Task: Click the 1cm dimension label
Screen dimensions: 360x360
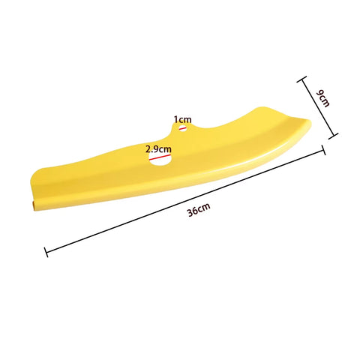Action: point(183,120)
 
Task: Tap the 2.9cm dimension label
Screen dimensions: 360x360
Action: point(158,149)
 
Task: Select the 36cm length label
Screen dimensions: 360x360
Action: point(199,210)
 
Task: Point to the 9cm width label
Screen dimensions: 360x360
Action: point(323,98)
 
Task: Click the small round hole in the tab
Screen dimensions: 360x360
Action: point(182,128)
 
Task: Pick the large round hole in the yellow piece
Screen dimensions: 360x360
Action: point(160,159)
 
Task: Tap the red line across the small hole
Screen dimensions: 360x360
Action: point(182,128)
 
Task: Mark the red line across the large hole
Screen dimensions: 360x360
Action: point(160,157)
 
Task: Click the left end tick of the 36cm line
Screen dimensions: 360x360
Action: point(46,252)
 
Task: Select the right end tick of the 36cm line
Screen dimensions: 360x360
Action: point(324,150)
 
